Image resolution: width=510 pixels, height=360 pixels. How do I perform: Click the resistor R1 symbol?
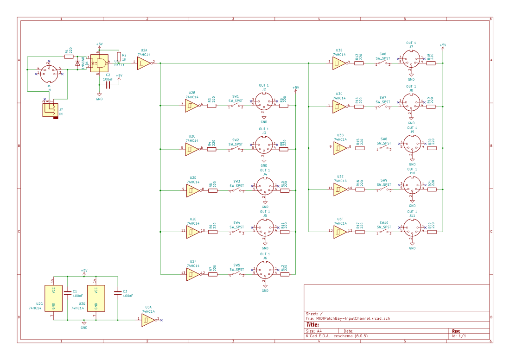pyautogui.click(x=69, y=57)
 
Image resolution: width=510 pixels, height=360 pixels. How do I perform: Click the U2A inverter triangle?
pyautogui.click(x=143, y=63)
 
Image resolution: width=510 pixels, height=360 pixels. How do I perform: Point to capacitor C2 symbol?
pyautogui.click(x=108, y=85)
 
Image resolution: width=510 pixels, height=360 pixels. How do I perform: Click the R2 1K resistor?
pyautogui.click(x=119, y=57)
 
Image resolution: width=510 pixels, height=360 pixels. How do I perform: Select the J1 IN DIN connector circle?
pyautogui.click(x=49, y=73)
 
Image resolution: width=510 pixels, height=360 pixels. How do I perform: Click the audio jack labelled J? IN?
pyautogui.click(x=49, y=109)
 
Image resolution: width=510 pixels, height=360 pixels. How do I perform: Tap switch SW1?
pyautogui.click(x=236, y=106)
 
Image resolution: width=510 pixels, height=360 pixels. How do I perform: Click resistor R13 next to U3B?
pyautogui.click(x=359, y=63)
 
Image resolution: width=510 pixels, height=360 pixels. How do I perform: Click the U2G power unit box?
pyautogui.click(x=53, y=298)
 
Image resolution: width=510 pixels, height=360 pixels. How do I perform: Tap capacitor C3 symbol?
pyautogui.click(x=118, y=292)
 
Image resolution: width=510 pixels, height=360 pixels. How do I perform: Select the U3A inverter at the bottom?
pyautogui.click(x=148, y=320)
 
